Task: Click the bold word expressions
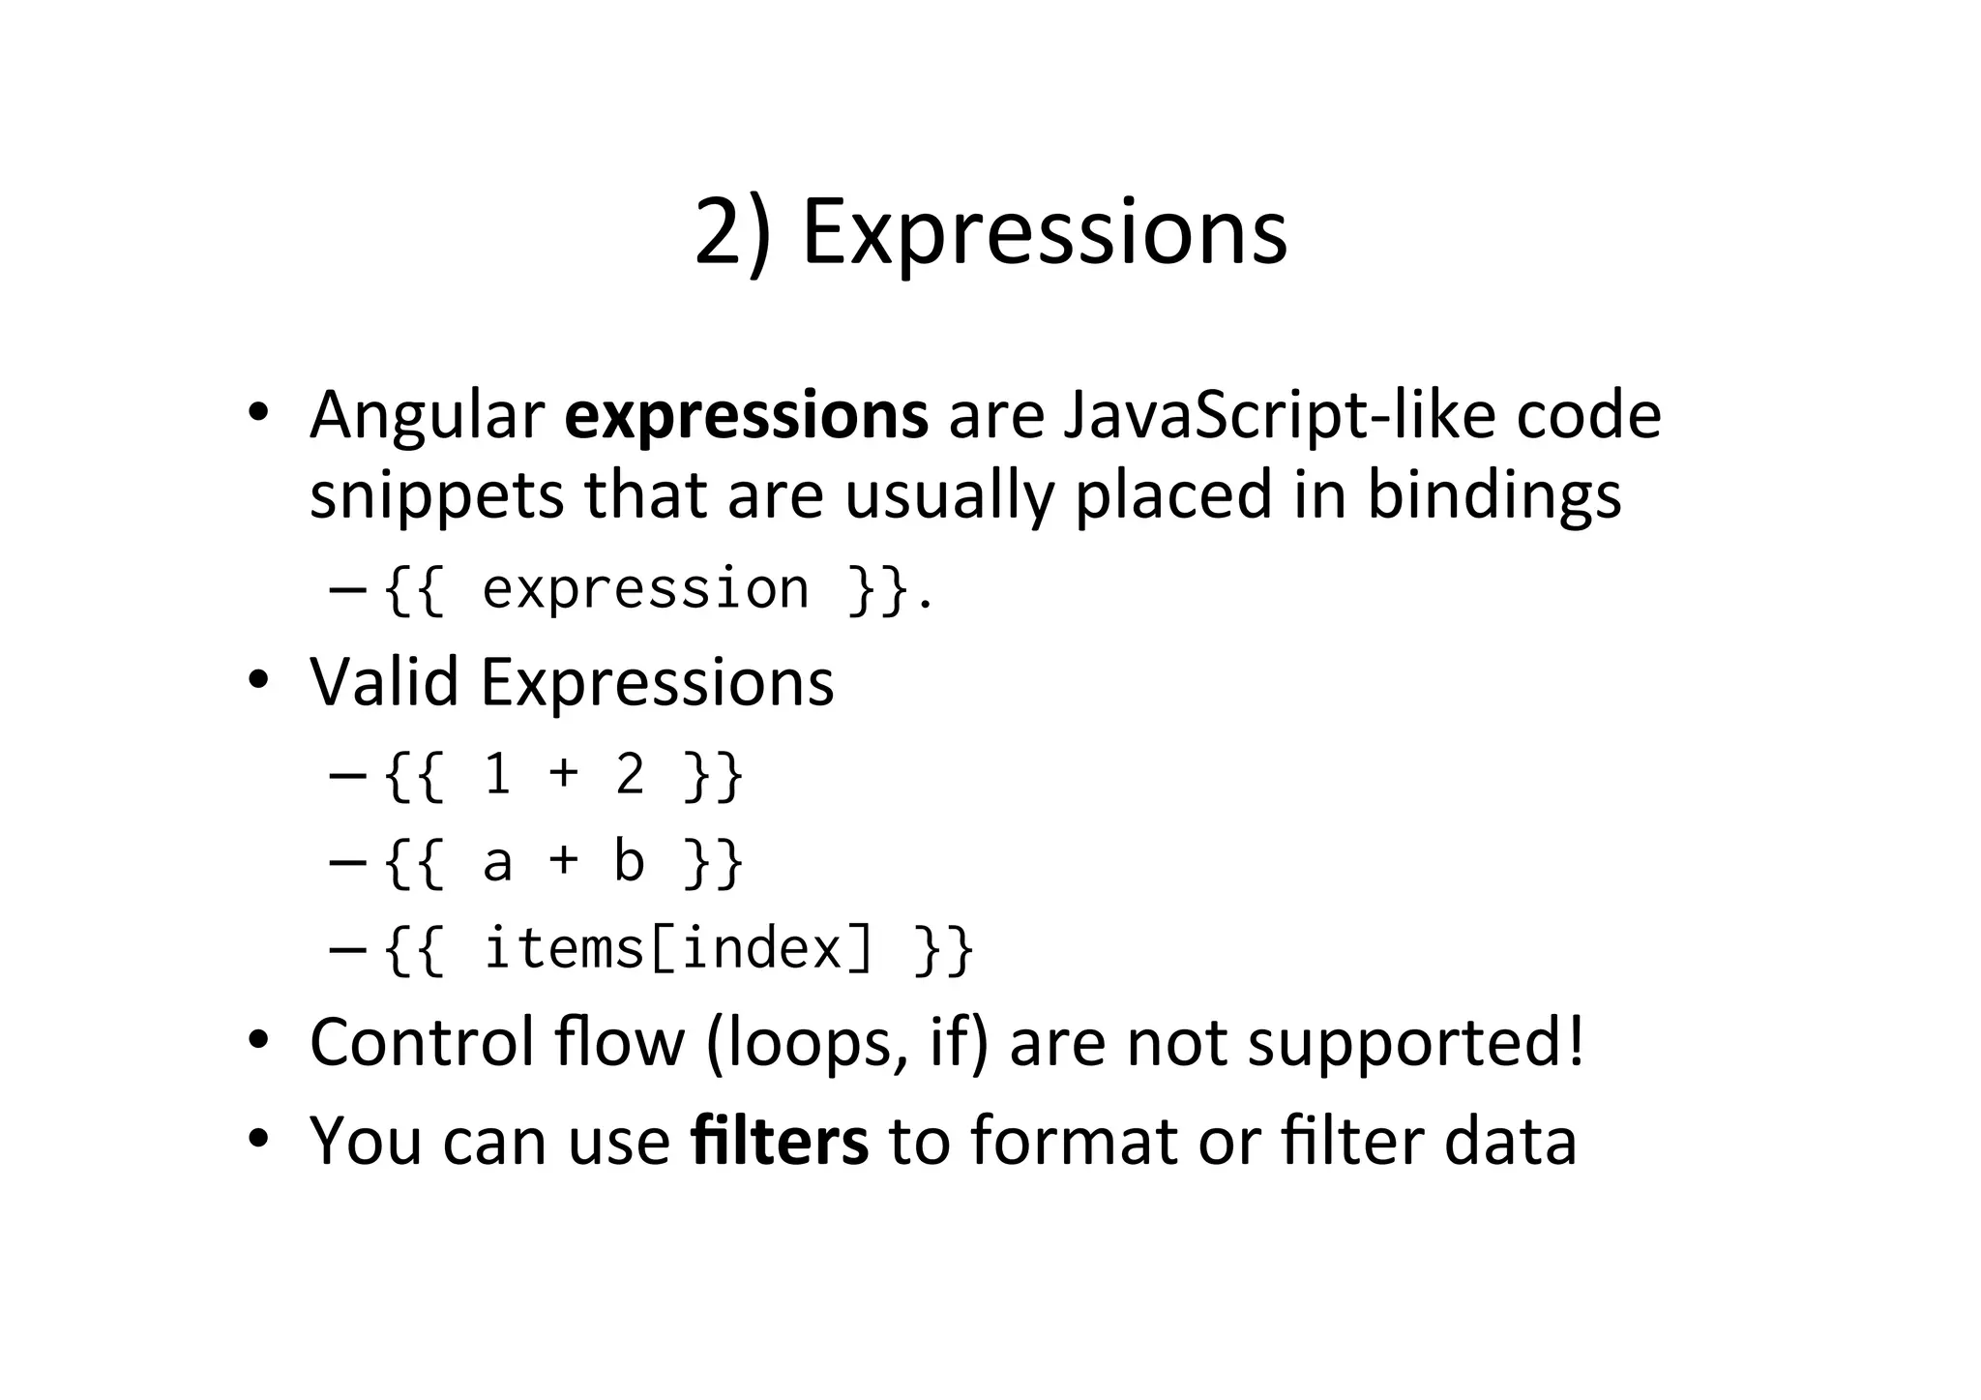(746, 415)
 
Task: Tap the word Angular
(427, 415)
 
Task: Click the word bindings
(1493, 495)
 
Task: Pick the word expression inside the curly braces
(645, 588)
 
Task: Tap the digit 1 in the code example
(497, 775)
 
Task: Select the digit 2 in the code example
(630, 775)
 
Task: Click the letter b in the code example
(629, 861)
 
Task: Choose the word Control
(423, 1042)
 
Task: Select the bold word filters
(780, 1141)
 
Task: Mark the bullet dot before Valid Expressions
(257, 681)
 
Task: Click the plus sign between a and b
(563, 861)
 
